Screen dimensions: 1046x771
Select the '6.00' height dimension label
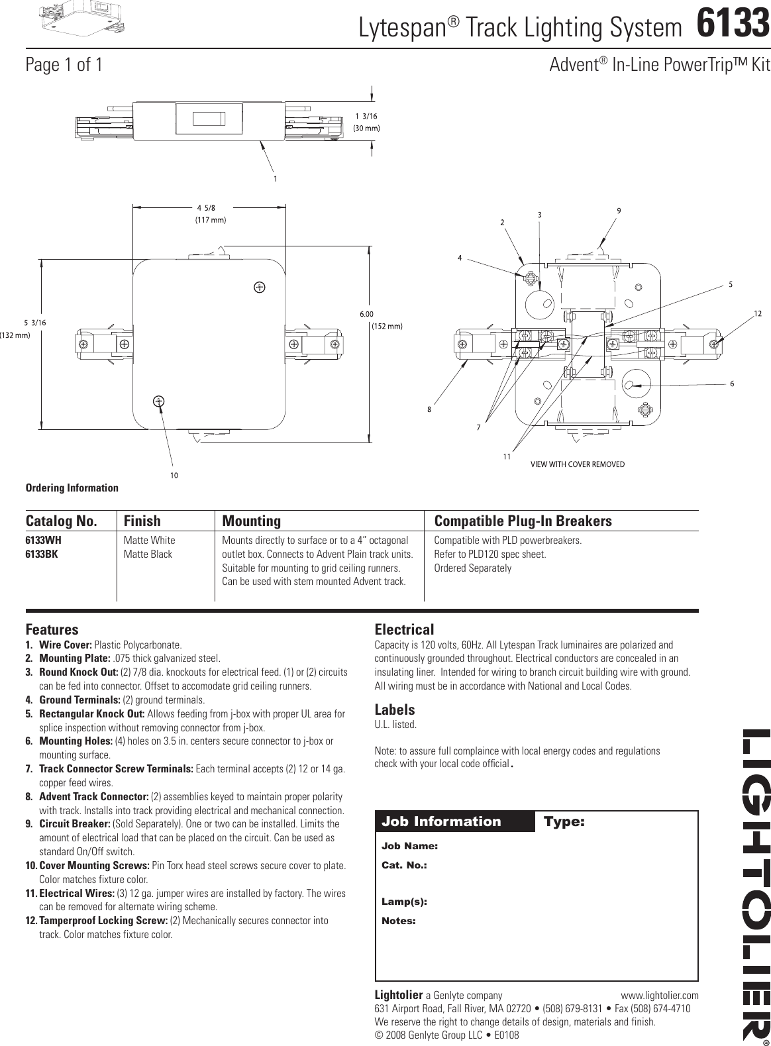pos(367,315)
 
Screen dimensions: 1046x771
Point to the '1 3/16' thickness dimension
pos(366,117)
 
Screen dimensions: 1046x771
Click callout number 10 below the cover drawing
pos(174,475)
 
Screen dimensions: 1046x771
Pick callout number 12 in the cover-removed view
pos(757,311)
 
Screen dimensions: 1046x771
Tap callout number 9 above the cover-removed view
pos(619,211)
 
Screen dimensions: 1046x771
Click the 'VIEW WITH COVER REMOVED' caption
pos(578,464)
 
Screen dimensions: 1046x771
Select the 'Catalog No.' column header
pos(61,521)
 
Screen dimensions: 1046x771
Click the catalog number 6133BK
pos(42,554)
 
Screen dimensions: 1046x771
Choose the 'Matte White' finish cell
pos(149,541)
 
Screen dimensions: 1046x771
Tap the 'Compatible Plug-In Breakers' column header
pos(523,521)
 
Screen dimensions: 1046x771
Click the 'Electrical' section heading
pos(404,629)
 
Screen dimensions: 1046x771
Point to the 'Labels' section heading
pos(395,709)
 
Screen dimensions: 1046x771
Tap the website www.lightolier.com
pos(659,995)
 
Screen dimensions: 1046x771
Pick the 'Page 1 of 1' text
pos(64,65)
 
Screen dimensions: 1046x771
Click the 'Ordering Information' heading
pos(72,488)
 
